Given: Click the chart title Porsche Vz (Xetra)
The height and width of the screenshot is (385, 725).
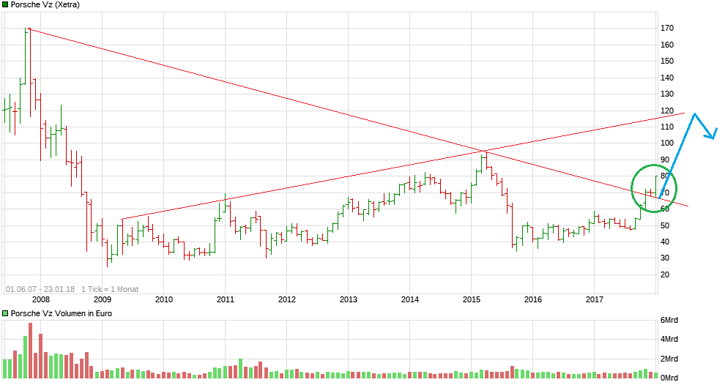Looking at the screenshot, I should tap(45, 4).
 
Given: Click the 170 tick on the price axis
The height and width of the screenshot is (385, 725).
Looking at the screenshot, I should tap(666, 28).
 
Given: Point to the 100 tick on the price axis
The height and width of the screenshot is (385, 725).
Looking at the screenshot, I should tap(666, 143).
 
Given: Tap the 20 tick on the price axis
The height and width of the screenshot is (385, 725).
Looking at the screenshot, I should tap(666, 274).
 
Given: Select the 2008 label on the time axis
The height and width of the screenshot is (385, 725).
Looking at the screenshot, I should tap(40, 299).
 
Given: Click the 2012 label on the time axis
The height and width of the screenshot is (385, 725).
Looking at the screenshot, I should tap(286, 299).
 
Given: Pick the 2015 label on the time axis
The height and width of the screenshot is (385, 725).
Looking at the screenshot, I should tap(471, 299).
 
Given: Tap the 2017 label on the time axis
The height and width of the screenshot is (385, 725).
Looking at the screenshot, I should tap(594, 299).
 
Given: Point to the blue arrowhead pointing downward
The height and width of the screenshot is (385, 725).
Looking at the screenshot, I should tap(712, 134).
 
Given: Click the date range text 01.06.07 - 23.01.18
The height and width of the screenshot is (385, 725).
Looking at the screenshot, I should tap(40, 289).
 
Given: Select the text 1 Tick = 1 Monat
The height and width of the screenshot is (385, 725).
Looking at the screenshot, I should tap(110, 289).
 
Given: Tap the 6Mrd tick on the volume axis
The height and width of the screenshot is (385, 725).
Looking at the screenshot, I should tap(669, 321).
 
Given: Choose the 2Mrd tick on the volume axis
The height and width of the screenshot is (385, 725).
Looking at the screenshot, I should tap(669, 359).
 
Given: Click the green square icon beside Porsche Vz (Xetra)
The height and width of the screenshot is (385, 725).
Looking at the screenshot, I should tap(5, 4).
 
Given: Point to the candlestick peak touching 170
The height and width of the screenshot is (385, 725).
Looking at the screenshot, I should tap(28, 29).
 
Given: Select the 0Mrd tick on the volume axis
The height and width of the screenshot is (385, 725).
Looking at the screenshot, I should tap(669, 377).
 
